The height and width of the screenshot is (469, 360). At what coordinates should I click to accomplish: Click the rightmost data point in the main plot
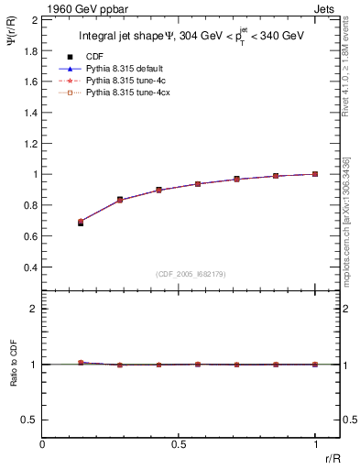pos(315,174)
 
